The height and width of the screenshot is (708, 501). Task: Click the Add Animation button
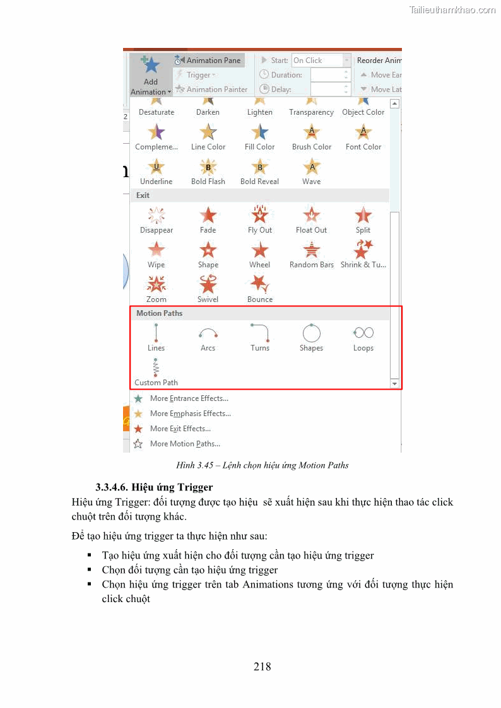click(151, 75)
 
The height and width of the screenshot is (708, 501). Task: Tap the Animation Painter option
click(211, 90)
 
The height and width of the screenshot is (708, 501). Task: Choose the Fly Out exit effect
click(260, 220)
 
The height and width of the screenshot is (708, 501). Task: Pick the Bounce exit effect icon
click(260, 289)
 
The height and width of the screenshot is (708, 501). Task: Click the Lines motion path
click(156, 337)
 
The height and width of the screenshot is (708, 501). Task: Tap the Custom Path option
click(156, 372)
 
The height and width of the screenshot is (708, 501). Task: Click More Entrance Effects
click(189, 398)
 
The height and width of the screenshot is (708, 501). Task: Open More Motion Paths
click(184, 444)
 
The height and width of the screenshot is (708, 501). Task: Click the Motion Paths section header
click(160, 313)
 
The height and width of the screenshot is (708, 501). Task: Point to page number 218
click(262, 666)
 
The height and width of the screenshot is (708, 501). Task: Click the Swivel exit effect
click(208, 289)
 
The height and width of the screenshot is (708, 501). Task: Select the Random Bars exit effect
click(312, 255)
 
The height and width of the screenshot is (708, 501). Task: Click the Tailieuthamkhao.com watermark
click(452, 10)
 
